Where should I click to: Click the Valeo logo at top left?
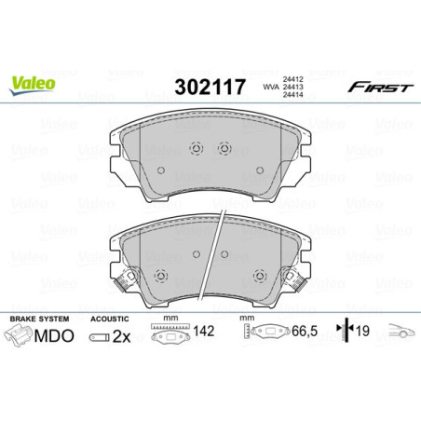point(33,82)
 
